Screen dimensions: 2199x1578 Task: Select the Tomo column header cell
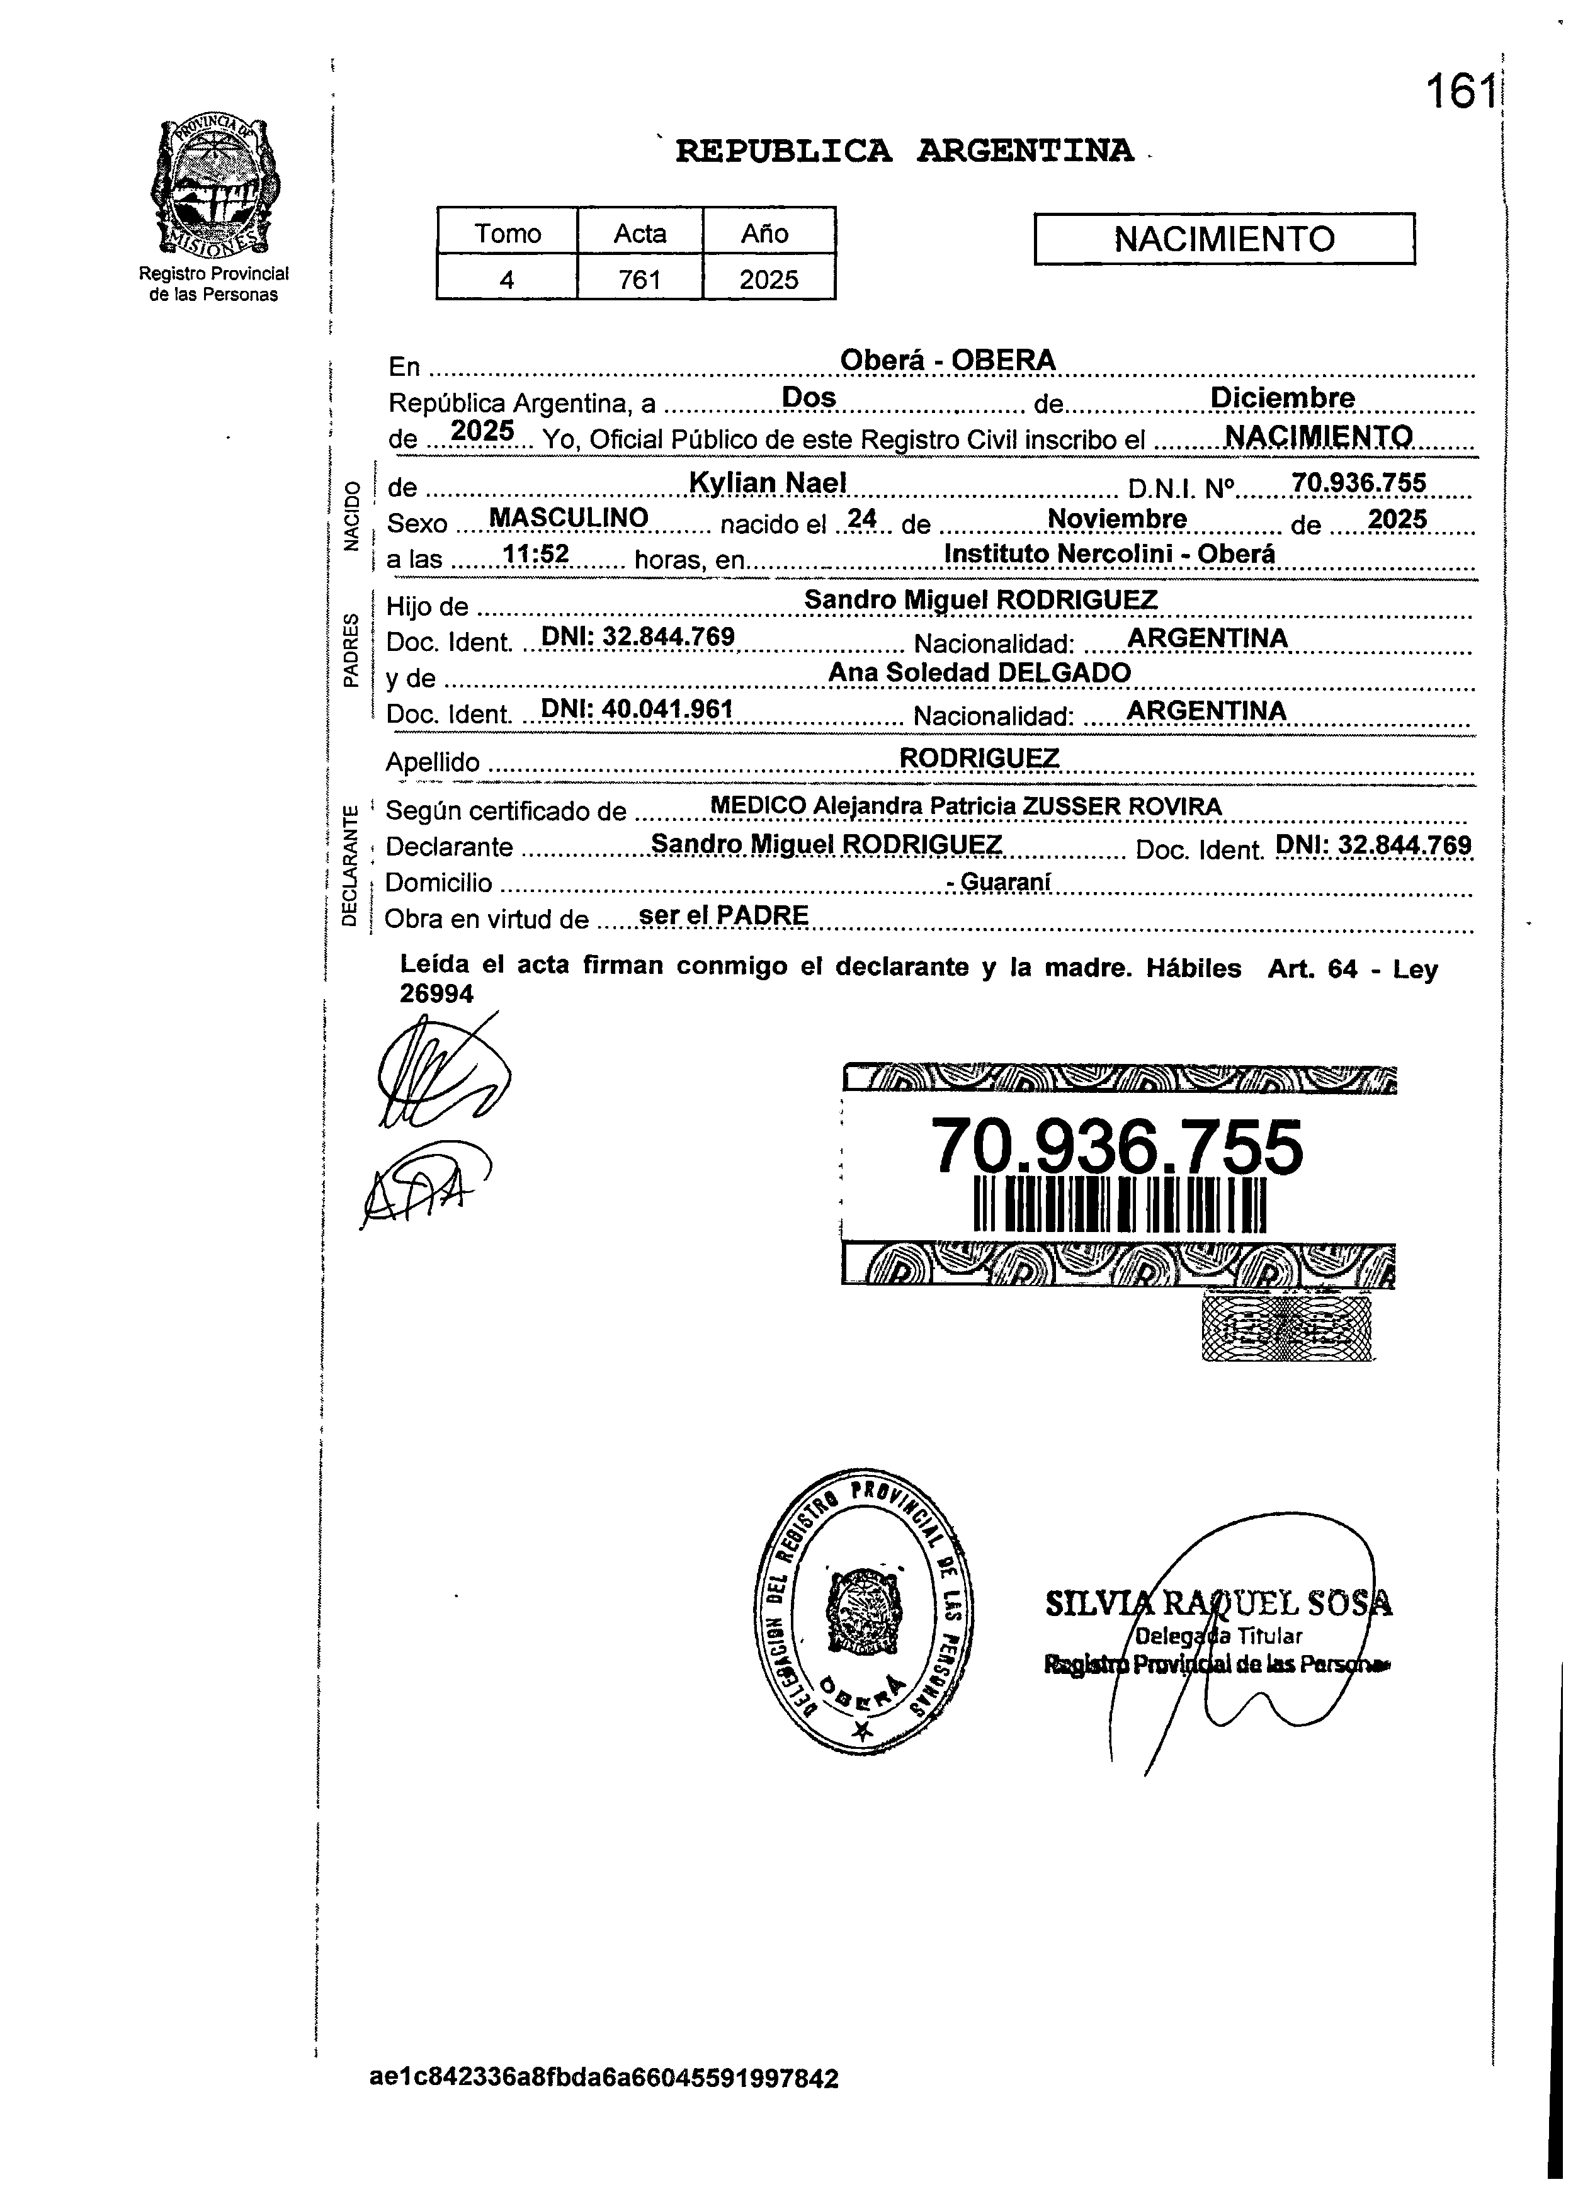coord(508,233)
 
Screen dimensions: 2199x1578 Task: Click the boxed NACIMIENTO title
coord(1224,239)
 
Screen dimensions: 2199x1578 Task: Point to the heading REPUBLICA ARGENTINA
coord(904,151)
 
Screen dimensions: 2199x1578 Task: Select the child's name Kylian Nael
coord(767,482)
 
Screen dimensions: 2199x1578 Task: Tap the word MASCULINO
coord(569,517)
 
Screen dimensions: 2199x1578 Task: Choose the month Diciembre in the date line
coord(1282,397)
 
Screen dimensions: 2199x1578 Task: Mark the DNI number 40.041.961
coord(636,709)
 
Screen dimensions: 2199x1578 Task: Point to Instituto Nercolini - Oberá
coord(1110,553)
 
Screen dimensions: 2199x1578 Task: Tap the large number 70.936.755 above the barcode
coord(1117,1147)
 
